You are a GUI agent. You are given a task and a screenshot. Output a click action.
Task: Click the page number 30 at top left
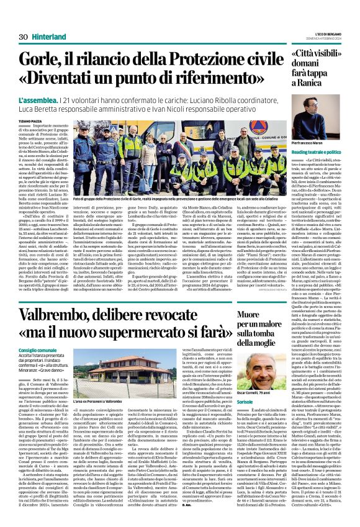[x=24, y=37]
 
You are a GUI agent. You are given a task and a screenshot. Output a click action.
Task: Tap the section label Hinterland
[x=51, y=37]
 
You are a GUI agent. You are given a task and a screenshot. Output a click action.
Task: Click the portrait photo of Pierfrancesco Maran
[x=315, y=105]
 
